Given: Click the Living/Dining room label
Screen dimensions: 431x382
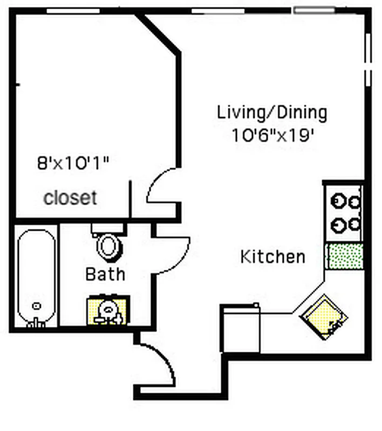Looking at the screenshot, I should coord(272,113).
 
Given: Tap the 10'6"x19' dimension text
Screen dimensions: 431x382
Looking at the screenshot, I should coord(273,135).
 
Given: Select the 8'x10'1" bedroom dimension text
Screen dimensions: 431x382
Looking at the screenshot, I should coord(73,163).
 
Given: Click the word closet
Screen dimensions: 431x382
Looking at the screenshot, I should coord(70,198).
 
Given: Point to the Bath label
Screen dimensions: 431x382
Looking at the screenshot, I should coord(105,274).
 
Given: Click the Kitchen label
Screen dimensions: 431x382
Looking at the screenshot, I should coord(272,257).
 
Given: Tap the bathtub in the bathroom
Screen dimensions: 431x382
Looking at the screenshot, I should coord(36,277).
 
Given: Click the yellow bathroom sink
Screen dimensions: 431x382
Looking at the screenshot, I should coord(107,311).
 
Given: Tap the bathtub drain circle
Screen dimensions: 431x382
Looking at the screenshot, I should coord(36,306).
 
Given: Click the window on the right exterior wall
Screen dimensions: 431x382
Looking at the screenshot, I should coord(368,59).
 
